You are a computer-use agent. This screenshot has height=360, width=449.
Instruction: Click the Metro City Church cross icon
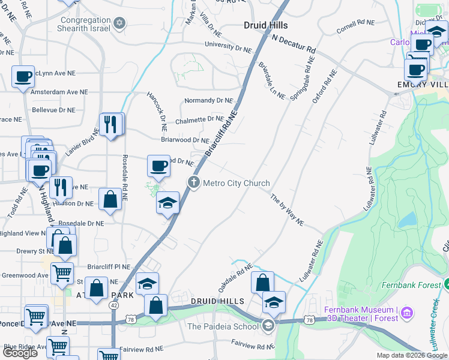pyautogui.click(x=193, y=182)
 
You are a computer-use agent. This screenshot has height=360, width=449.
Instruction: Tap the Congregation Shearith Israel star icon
pyautogui.click(x=119, y=23)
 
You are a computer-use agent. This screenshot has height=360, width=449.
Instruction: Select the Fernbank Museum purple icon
pyautogui.click(x=408, y=313)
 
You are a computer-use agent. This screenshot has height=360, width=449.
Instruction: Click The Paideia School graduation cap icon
pyautogui.click(x=268, y=326)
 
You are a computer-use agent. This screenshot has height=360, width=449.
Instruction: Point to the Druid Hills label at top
pyautogui.click(x=266, y=25)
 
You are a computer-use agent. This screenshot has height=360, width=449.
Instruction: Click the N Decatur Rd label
pyautogui.click(x=294, y=43)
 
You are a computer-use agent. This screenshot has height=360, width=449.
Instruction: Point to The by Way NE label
pyautogui.click(x=288, y=210)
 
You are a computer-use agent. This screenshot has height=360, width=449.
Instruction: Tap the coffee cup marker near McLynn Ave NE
pyautogui.click(x=23, y=77)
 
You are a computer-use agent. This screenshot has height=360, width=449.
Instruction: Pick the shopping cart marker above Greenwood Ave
pyautogui.click(x=62, y=273)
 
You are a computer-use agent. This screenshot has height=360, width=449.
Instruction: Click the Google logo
pyautogui.click(x=20, y=352)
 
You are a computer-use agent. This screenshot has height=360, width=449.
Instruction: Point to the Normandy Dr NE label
pyautogui.click(x=208, y=100)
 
